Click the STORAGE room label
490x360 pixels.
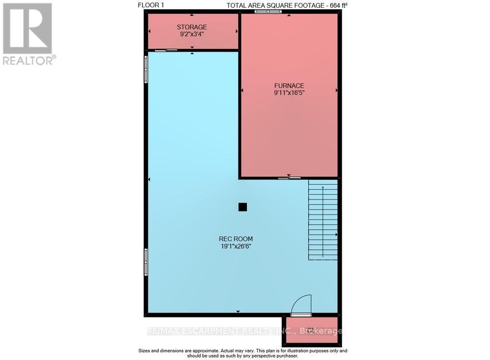(x=192, y=27)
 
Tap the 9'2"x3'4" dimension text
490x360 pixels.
(x=192, y=35)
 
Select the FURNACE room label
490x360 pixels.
(x=289, y=85)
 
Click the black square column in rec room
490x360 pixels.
(x=243, y=207)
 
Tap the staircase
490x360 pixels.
(x=322, y=219)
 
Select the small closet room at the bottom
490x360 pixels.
(x=311, y=329)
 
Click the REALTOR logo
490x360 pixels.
(x=27, y=33)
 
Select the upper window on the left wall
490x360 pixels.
(x=146, y=69)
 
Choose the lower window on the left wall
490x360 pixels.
(x=146, y=262)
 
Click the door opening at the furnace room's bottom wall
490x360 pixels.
(x=289, y=178)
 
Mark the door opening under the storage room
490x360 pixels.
(x=166, y=50)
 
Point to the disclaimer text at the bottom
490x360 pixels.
(x=243, y=353)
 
